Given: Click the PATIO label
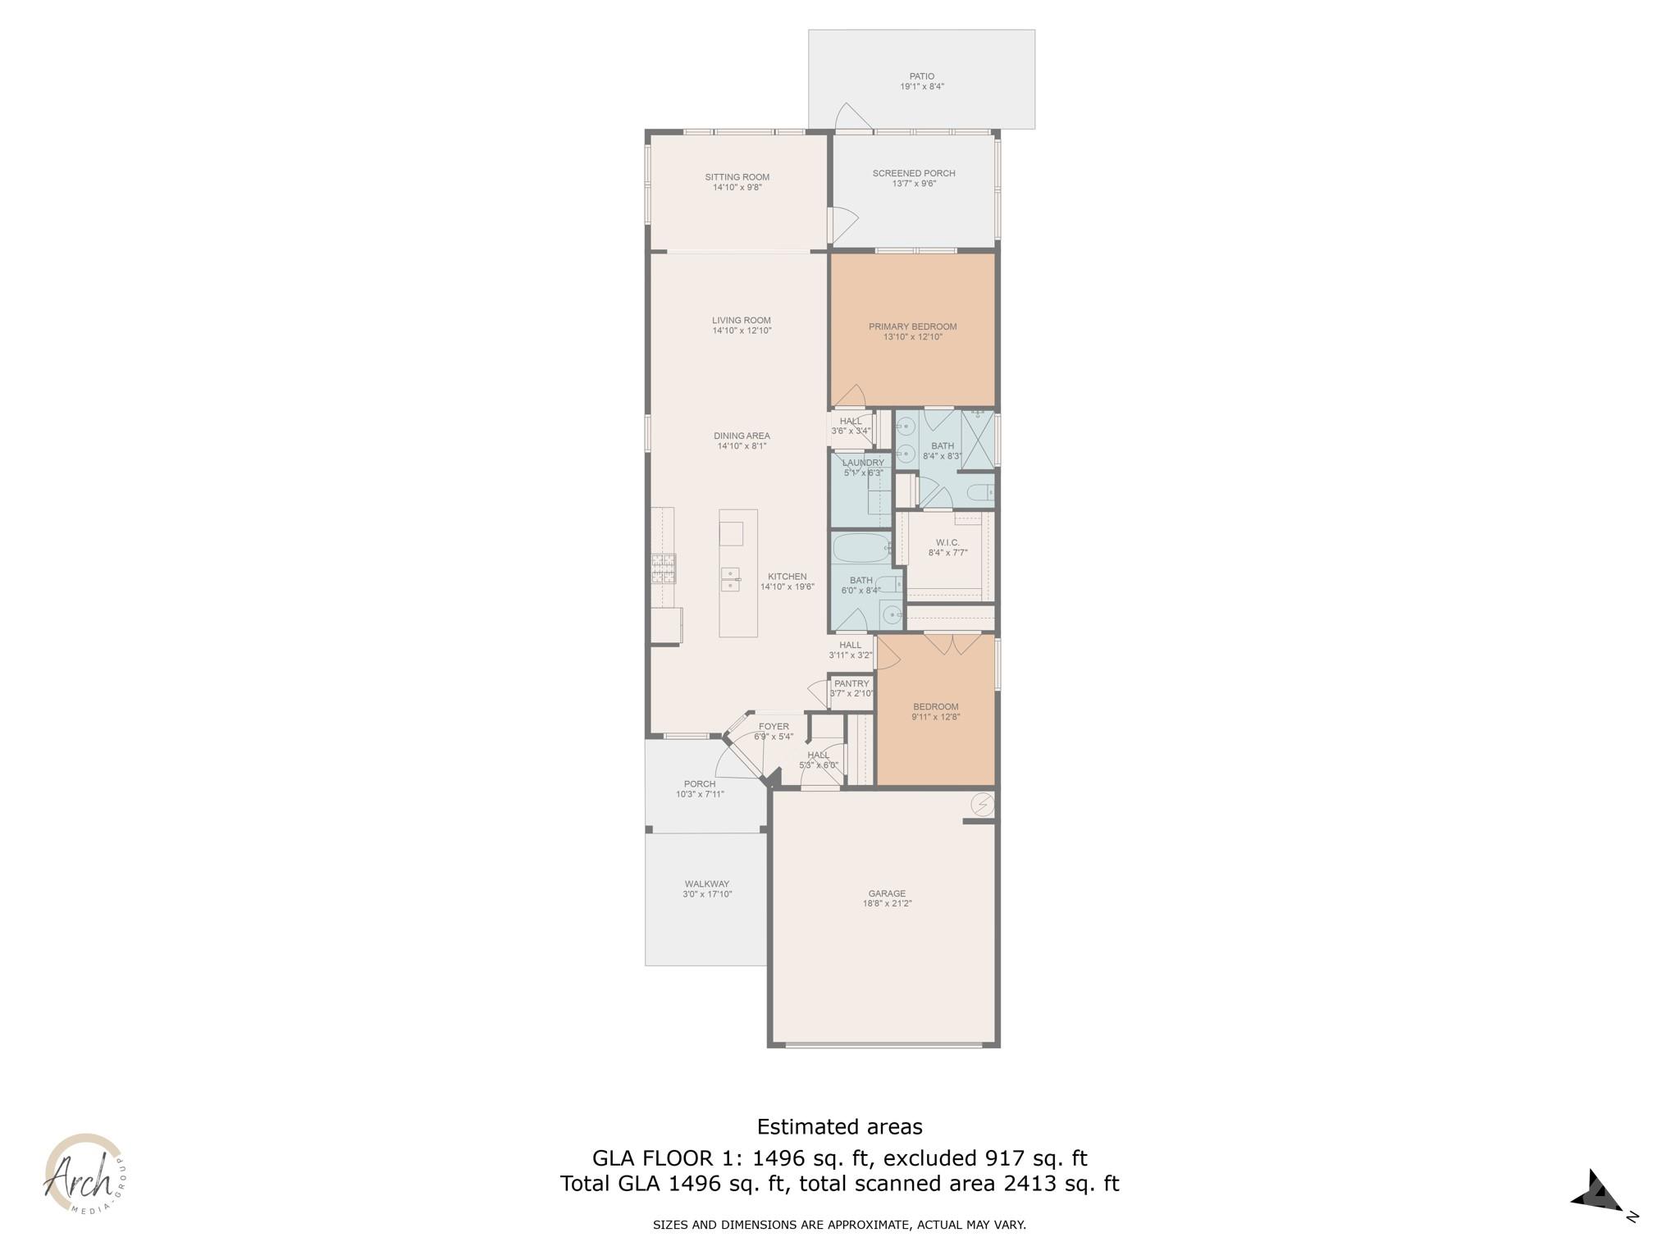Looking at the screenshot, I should pyautogui.click(x=921, y=76).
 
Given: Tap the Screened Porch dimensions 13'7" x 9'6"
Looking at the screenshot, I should pyautogui.click(x=914, y=184).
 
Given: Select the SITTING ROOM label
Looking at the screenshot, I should pyautogui.click(x=737, y=177).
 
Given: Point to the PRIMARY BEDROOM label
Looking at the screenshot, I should pyautogui.click(x=912, y=326).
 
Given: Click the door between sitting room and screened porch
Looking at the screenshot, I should pyautogui.click(x=842, y=224).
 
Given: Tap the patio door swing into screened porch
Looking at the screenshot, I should pyautogui.click(x=851, y=118).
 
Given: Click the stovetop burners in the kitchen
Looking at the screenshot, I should pyautogui.click(x=663, y=568).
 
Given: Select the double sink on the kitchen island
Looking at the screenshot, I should pyautogui.click(x=730, y=579).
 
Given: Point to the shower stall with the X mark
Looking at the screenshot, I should pyautogui.click(x=977, y=441).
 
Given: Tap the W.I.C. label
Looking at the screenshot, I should pyautogui.click(x=947, y=542).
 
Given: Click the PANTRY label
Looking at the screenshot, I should pyautogui.click(x=851, y=683).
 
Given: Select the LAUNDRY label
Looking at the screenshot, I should pyautogui.click(x=863, y=463).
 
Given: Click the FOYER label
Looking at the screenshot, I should pyautogui.click(x=774, y=727).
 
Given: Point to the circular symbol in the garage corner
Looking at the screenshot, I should pyautogui.click(x=982, y=806).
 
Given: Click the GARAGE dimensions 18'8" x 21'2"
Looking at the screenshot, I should pyautogui.click(x=887, y=903).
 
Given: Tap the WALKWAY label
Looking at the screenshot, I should pyautogui.click(x=706, y=884).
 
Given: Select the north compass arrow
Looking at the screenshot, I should pyautogui.click(x=1596, y=1192).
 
